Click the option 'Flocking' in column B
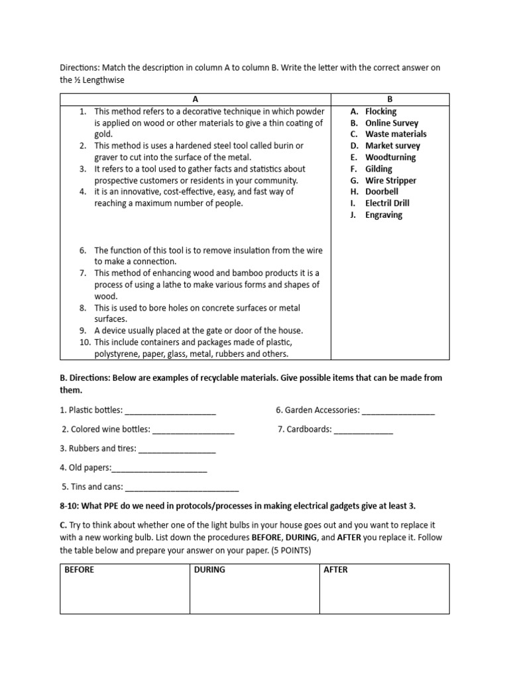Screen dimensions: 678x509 [380, 111]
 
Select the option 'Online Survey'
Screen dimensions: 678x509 [392, 122]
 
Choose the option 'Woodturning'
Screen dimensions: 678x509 [390, 157]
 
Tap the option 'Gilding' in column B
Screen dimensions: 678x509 [378, 169]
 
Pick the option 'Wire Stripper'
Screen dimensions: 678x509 [390, 180]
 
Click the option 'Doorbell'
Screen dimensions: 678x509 [382, 191]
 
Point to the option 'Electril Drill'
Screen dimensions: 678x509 [387, 203]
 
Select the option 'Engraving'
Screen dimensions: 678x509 [383, 215]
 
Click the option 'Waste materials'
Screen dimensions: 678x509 [396, 134]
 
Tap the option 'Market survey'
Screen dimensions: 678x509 [392, 146]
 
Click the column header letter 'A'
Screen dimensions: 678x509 [196, 99]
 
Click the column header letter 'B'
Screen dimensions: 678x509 [390, 99]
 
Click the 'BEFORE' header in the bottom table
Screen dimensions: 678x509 [80, 569]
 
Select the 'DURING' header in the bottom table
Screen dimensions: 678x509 [209, 569]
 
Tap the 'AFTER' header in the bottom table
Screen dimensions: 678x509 [336, 569]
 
